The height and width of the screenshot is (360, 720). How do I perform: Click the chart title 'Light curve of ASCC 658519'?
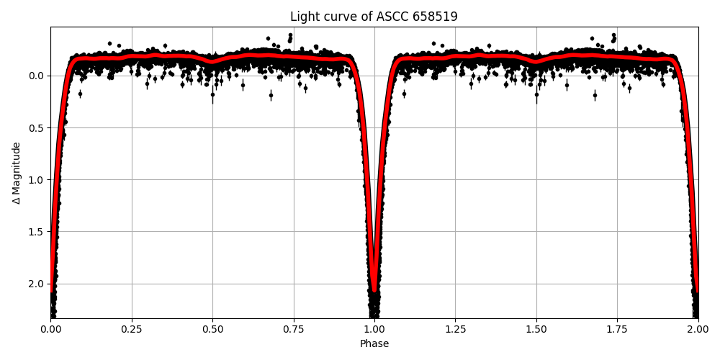[x=374, y=17]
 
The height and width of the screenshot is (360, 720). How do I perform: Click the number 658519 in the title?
[x=436, y=17]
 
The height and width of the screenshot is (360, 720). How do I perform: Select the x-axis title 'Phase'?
[x=374, y=344]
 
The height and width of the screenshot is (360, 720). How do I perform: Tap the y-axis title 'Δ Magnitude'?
[x=17, y=173]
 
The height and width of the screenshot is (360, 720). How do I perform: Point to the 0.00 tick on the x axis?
[x=50, y=330]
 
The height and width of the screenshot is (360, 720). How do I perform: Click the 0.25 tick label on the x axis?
[x=131, y=330]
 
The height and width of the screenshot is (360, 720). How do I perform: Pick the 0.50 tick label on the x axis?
[x=212, y=330]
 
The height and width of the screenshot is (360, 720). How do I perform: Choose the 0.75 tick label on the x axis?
[x=293, y=330]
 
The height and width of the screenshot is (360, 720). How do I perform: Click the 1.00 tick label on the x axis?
[x=374, y=330]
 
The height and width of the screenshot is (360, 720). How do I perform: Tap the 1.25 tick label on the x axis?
[x=455, y=330]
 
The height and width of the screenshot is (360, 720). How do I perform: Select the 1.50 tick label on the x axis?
[x=536, y=330]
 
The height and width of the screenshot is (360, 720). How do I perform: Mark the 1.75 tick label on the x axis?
[x=617, y=330]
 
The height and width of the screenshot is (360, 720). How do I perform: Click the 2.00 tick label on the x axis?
[x=698, y=330]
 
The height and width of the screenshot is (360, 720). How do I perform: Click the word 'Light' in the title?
[x=304, y=17]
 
